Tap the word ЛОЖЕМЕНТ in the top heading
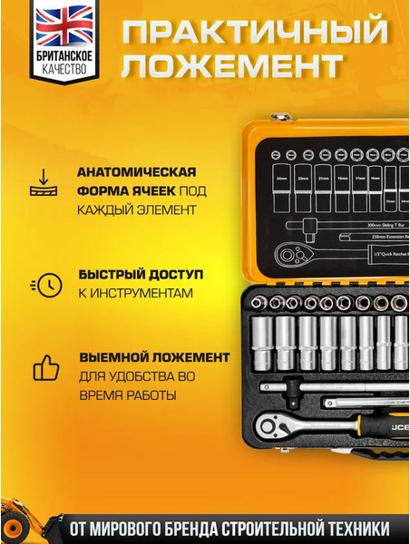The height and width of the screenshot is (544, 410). pyautogui.click(x=233, y=66)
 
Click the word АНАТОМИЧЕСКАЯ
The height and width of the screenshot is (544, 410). pyautogui.click(x=137, y=171)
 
